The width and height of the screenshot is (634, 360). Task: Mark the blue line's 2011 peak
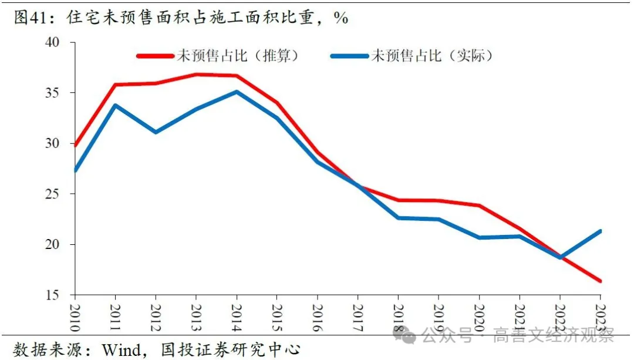(x=115, y=105)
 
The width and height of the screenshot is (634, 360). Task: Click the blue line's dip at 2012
(x=156, y=132)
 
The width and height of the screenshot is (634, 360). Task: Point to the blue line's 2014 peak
(x=236, y=92)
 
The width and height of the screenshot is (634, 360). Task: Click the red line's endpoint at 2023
(x=600, y=281)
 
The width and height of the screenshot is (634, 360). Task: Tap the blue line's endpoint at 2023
(x=600, y=231)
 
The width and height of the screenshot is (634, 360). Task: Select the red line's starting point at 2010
(x=75, y=145)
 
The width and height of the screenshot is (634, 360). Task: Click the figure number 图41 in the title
(x=29, y=18)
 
